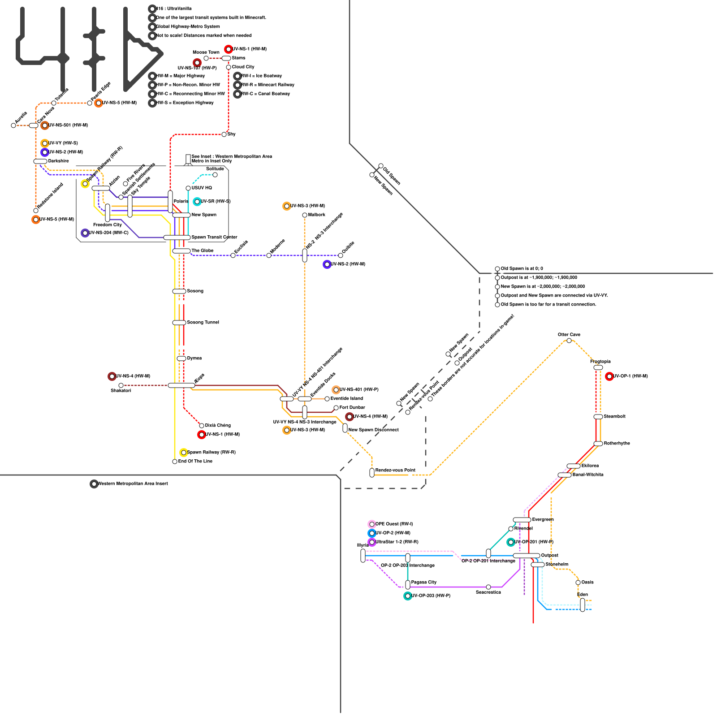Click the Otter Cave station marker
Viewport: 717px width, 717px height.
coord(569,341)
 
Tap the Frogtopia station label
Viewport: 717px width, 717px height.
coord(600,362)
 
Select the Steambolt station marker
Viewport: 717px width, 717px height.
coord(598,417)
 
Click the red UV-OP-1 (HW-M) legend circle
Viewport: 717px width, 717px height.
coord(609,376)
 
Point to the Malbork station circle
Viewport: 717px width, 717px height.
coord(305,215)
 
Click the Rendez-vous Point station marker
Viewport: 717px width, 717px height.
coord(372,473)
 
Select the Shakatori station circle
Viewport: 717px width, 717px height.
coord(121,385)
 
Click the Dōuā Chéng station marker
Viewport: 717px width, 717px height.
coord(202,426)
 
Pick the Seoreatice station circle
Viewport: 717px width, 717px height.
coord(488,587)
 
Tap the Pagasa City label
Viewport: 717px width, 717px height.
coord(424,582)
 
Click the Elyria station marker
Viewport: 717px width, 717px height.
coord(363,556)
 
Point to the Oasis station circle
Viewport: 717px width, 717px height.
coord(578,583)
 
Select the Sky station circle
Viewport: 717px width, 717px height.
coord(224,134)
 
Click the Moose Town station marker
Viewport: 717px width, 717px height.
coord(206,58)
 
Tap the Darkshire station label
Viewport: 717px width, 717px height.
coord(59,161)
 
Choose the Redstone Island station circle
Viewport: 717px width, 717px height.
coord(36,211)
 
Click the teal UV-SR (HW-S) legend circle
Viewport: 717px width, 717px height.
coord(197,202)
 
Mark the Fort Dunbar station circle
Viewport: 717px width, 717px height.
coord(336,408)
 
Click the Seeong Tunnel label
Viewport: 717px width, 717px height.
coord(203,322)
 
